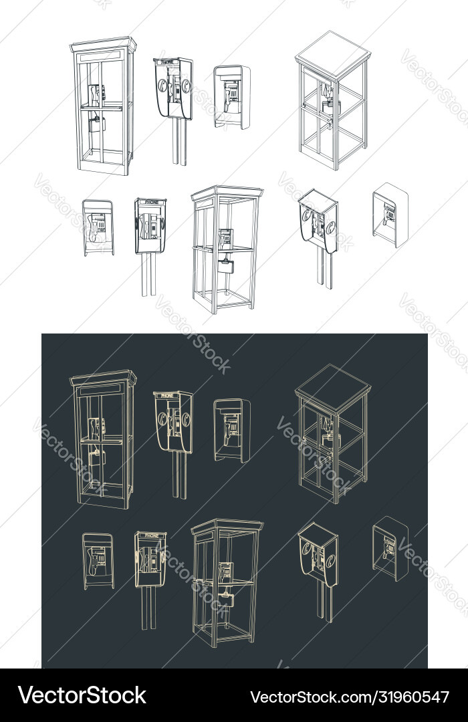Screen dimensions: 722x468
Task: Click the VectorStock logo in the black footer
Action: pyautogui.click(x=82, y=695)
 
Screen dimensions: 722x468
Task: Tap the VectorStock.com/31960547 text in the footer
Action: pyautogui.click(x=349, y=697)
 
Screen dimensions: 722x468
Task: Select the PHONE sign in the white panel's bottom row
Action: pyautogui.click(x=152, y=201)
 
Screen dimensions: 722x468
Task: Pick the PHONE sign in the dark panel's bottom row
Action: pyautogui.click(x=152, y=535)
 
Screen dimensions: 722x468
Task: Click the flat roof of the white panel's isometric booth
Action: pyautogui.click(x=332, y=52)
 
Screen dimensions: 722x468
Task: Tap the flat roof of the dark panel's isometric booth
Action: pyautogui.click(x=332, y=386)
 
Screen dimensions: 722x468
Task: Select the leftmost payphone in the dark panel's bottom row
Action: pyautogui.click(x=98, y=560)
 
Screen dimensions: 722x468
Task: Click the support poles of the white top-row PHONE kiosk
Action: pyautogui.click(x=179, y=142)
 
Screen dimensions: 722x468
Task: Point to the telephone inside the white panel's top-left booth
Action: pyautogui.click(x=96, y=94)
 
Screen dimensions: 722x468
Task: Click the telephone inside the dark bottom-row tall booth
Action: pyautogui.click(x=226, y=570)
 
